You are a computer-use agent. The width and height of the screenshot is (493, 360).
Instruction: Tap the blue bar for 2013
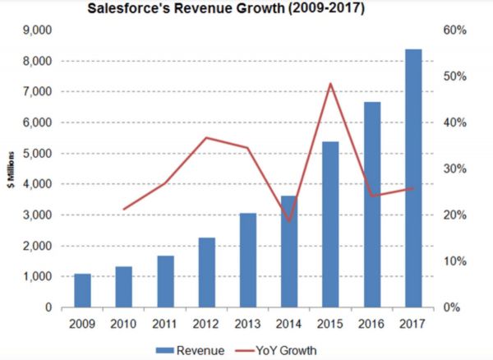248,260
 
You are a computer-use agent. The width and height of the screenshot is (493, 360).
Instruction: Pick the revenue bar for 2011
165,281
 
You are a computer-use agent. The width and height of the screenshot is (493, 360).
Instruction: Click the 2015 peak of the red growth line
330,83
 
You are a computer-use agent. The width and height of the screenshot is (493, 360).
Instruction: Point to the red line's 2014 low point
289,221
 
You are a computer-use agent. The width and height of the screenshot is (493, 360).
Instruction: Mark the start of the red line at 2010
123,210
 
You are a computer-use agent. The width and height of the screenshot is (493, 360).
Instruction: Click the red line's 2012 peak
206,137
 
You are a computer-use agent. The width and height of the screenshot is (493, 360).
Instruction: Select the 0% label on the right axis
457,307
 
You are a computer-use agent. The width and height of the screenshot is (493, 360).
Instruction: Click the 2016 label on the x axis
372,324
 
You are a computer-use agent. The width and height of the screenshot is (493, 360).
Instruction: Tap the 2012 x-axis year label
206,324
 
